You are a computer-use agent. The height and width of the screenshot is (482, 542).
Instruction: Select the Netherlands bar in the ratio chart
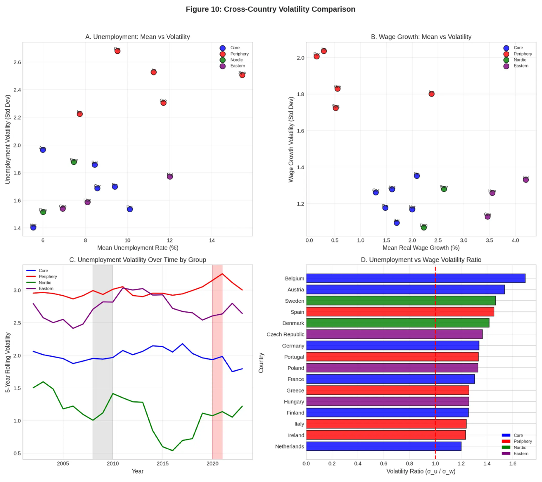383,446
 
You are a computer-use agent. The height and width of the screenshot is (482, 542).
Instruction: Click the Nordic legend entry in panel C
45,283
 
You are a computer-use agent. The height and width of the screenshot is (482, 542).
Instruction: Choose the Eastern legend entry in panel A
237,66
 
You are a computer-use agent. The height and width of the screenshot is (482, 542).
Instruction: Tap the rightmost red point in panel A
242,75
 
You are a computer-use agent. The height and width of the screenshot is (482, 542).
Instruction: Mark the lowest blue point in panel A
33,227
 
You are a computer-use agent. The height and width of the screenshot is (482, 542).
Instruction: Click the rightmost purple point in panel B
525,180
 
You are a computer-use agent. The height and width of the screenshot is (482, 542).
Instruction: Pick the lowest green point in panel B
424,227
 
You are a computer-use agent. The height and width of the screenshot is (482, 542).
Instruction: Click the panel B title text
421,37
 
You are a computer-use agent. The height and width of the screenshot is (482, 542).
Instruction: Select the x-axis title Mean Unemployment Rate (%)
138,248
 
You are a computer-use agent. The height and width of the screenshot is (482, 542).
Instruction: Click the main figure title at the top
270,9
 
